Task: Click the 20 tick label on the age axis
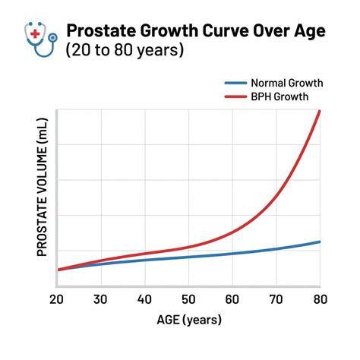[57, 300]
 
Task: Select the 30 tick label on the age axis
[100, 300]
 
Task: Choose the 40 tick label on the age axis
[144, 300]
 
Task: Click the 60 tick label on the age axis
[232, 300]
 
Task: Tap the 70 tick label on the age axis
[276, 300]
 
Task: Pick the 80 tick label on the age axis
[319, 300]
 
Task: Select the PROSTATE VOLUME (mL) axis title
[42, 197]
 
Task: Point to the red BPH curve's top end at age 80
[320, 112]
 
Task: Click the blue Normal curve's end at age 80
[320, 242]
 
